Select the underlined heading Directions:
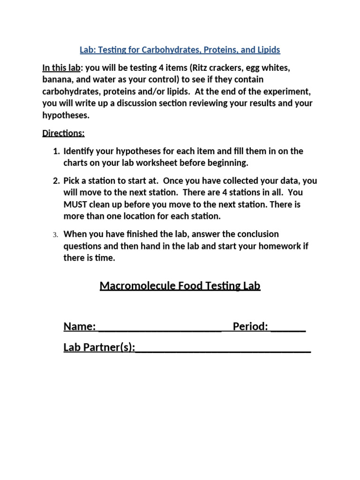click(63, 133)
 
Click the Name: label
click(80, 327)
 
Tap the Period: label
click(250, 327)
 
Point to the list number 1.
click(56, 151)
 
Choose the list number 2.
click(56, 181)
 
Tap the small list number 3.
click(55, 234)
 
